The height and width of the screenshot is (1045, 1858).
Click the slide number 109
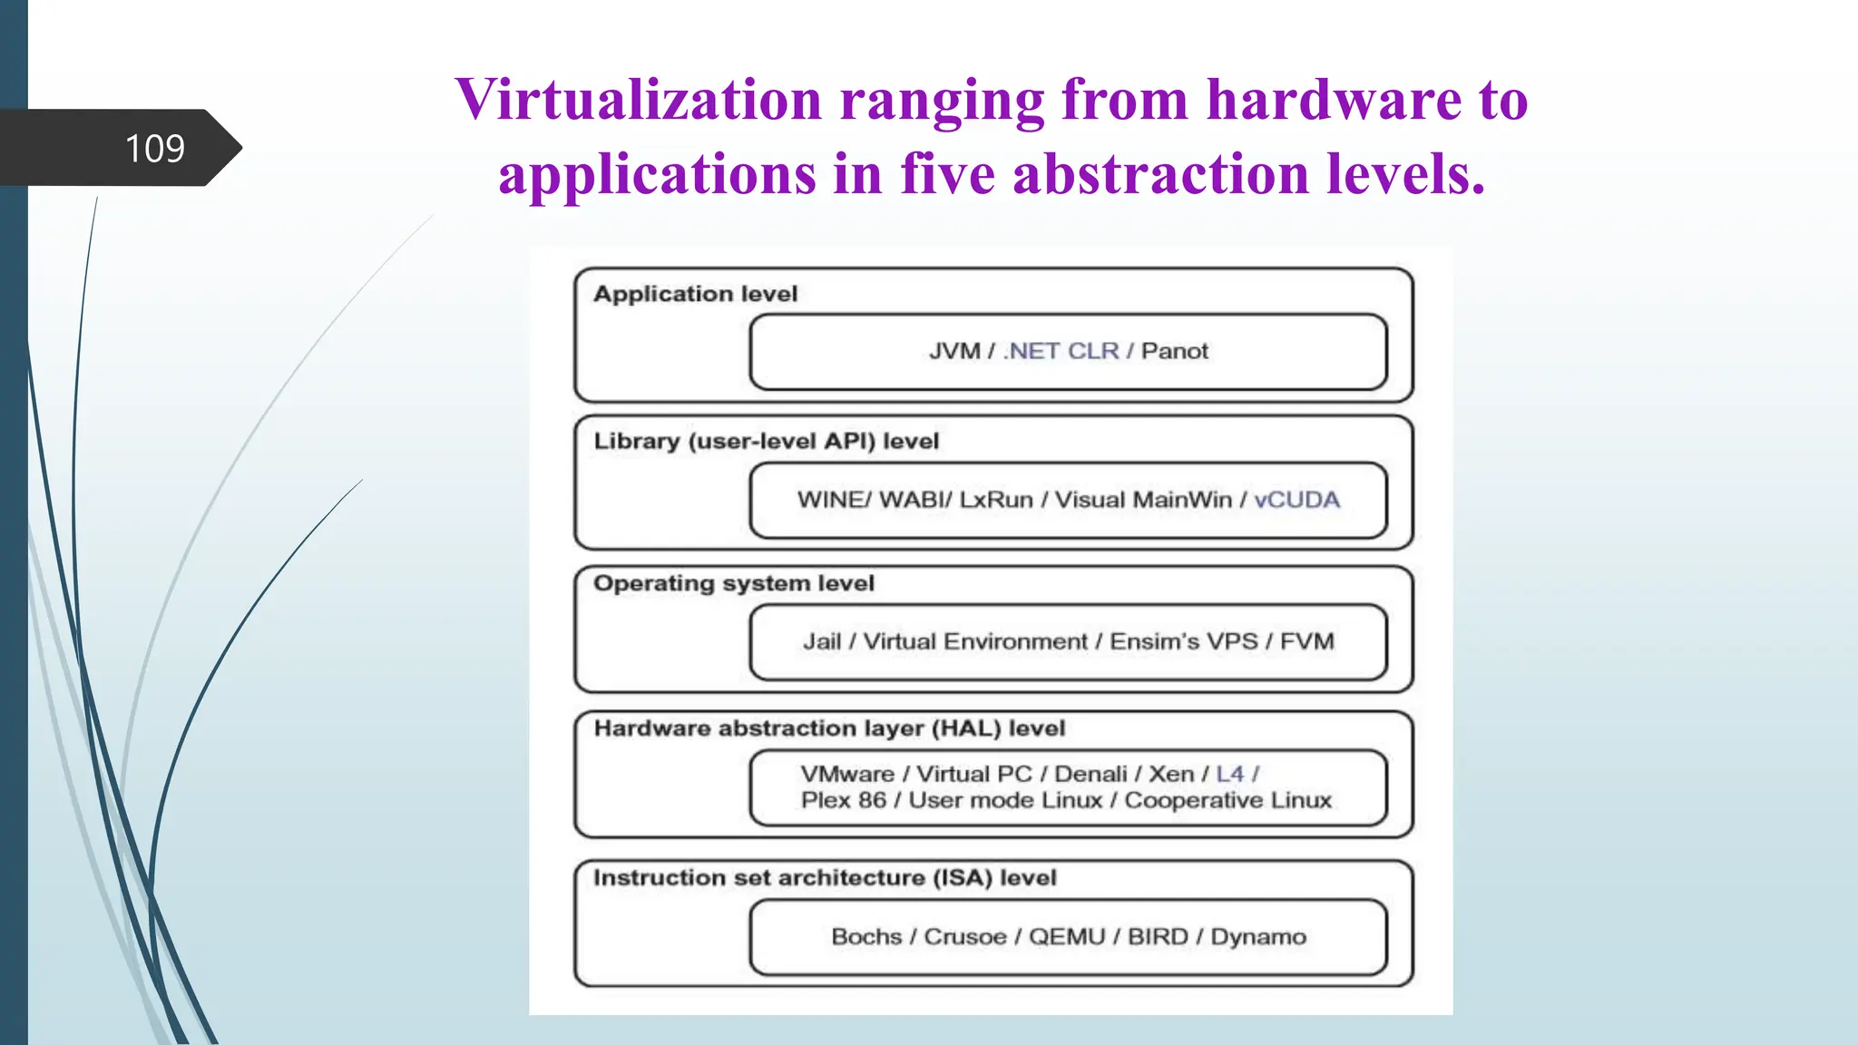[154, 149]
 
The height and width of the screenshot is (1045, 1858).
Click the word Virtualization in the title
[638, 100]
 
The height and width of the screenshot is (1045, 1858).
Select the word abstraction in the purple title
[1160, 174]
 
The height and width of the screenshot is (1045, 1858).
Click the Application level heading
[695, 294]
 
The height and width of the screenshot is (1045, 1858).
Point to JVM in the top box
[954, 351]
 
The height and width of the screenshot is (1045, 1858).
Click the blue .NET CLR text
[1061, 351]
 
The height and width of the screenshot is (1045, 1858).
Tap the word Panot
[1175, 351]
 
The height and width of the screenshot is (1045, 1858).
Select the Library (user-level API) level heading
[766, 442]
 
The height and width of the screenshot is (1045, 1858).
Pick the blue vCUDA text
[1296, 500]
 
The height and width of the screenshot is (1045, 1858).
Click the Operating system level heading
[733, 583]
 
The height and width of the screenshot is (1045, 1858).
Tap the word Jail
[822, 642]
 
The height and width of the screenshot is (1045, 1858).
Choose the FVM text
[1306, 642]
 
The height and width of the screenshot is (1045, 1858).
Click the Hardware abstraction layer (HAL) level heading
[829, 728]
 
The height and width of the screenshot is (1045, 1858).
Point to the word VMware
[847, 774]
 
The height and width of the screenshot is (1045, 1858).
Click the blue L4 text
[1229, 774]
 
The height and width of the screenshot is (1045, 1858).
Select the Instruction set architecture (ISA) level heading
[825, 878]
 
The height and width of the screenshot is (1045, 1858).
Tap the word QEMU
[1066, 937]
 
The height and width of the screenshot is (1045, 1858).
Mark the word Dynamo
[1258, 937]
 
